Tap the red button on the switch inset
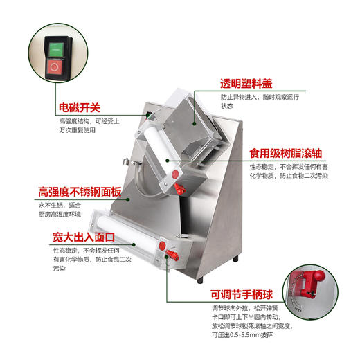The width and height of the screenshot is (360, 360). tap(54, 67)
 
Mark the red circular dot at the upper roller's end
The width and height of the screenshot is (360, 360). tap(176, 170)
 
